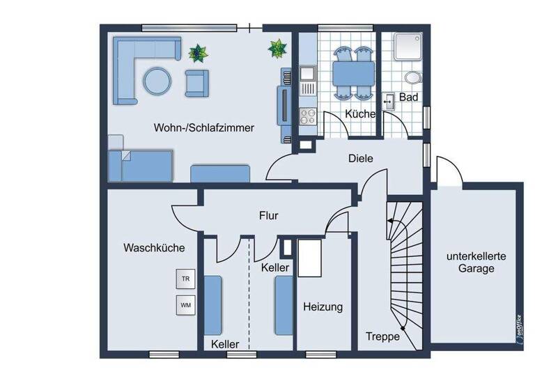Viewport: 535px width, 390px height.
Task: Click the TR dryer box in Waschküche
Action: (x=186, y=279)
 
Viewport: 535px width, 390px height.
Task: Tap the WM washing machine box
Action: (x=186, y=305)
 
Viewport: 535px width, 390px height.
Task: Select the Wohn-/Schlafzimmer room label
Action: (x=204, y=128)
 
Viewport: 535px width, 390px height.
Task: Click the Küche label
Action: (x=359, y=114)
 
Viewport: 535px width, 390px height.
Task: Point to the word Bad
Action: (x=409, y=97)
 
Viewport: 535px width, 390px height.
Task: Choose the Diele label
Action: (x=361, y=159)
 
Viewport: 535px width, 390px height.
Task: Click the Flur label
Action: (x=268, y=216)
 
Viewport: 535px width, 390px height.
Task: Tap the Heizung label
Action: (x=323, y=306)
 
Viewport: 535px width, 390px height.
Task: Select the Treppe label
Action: (x=383, y=336)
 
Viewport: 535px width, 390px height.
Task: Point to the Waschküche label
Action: (x=154, y=247)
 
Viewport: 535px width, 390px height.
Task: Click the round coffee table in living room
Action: (x=157, y=81)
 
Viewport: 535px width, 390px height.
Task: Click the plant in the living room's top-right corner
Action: (x=277, y=48)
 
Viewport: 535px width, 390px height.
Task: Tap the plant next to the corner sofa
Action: (x=197, y=52)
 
